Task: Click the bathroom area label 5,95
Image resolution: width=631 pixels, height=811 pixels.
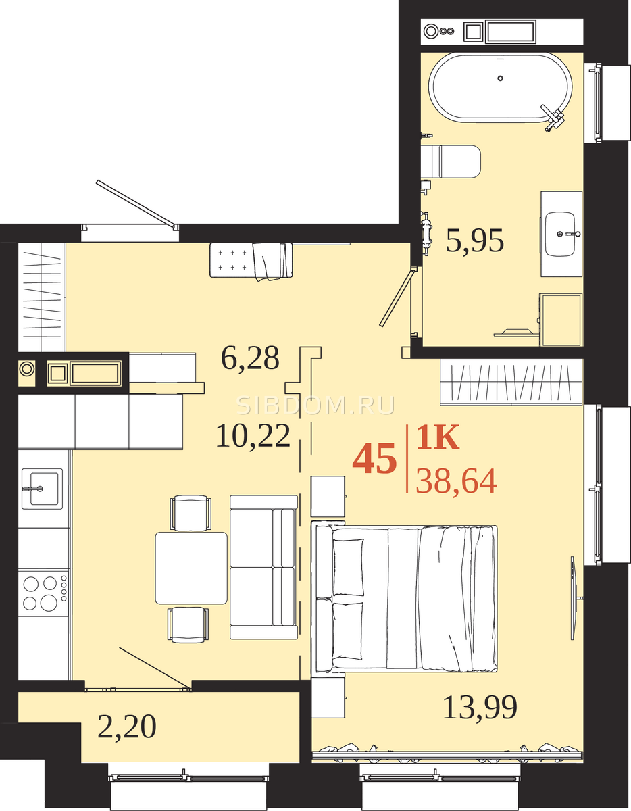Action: [x=475, y=241]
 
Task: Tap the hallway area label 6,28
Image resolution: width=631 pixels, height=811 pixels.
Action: [x=250, y=358]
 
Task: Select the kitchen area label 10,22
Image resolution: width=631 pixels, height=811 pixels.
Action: [x=253, y=436]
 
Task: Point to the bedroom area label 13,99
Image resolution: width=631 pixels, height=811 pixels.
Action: [x=480, y=707]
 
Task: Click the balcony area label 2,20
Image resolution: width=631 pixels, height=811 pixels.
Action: [x=127, y=727]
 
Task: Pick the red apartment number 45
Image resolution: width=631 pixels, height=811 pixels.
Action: [x=374, y=458]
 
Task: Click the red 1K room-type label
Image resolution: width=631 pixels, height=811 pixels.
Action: [x=438, y=437]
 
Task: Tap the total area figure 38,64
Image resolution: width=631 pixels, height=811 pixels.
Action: [x=456, y=481]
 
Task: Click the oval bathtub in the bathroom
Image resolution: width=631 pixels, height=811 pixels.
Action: [x=500, y=88]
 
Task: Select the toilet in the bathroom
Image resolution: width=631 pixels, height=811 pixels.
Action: [x=451, y=162]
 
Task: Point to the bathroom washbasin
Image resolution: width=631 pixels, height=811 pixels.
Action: [x=561, y=234]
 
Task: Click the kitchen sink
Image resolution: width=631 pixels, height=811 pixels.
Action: [x=42, y=489]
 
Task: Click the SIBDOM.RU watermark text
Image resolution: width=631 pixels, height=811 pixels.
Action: [x=315, y=405]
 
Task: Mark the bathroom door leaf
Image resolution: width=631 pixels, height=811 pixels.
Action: [x=397, y=297]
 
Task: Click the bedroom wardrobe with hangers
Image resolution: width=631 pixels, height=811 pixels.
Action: [x=511, y=381]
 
